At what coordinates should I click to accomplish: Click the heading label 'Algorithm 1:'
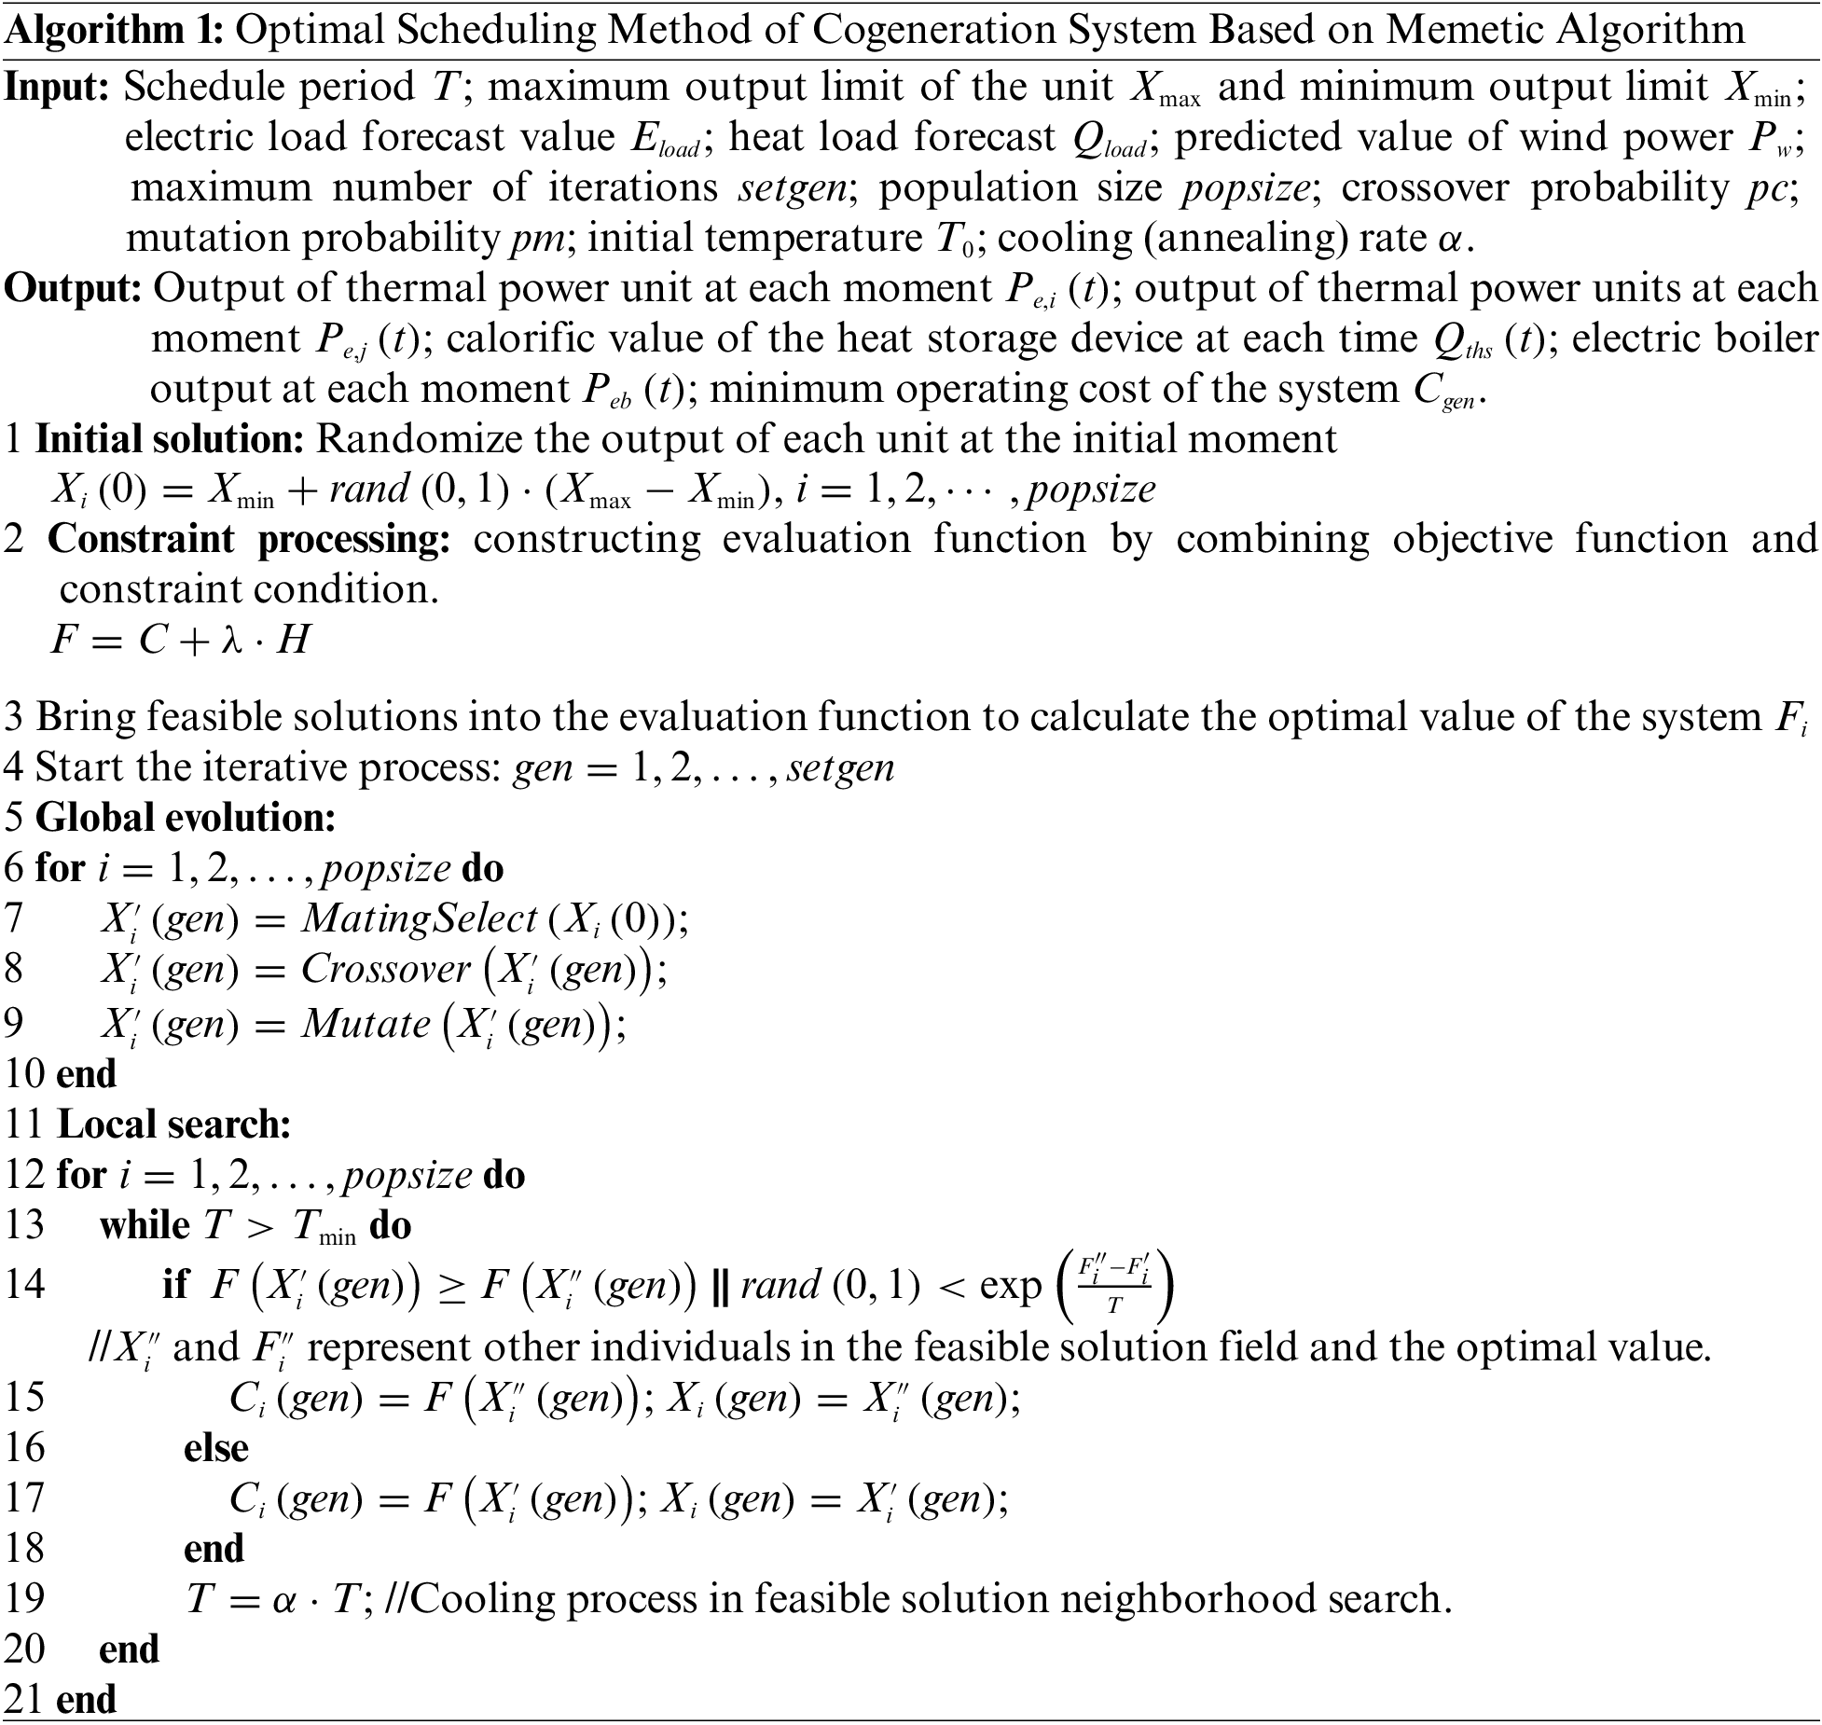[114, 31]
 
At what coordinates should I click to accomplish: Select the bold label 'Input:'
[58, 88]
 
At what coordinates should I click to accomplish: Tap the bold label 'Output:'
[73, 289]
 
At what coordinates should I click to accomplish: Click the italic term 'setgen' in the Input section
[794, 188]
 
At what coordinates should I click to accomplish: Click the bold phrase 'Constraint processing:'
[249, 540]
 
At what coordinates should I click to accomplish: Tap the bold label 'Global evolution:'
[185, 818]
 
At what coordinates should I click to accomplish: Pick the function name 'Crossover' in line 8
[385, 970]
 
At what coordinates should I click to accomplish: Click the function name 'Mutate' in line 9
[365, 1024]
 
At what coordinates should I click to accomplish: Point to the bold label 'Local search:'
[174, 1125]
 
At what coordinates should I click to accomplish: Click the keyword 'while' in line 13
[145, 1225]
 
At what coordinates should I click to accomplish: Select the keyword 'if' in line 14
[175, 1285]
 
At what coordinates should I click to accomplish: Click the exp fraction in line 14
[1113, 1284]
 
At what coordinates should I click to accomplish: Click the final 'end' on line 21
[86, 1700]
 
